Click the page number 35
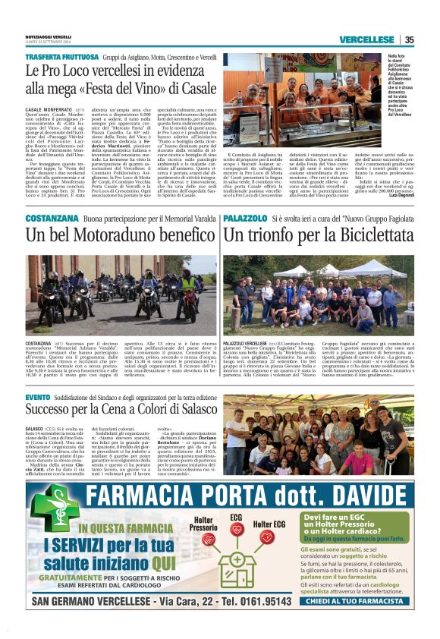coord(410,40)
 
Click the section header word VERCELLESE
coord(366,40)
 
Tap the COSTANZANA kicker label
coord(46,218)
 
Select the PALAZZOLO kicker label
coord(244,218)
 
